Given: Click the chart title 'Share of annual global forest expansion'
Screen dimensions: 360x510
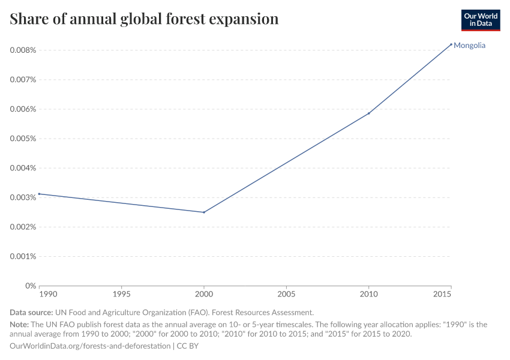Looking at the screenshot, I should coord(144,19).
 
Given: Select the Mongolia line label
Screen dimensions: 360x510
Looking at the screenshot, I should coord(469,46).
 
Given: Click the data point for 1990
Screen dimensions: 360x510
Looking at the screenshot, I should coord(39,194).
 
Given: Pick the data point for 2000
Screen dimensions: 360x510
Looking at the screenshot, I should coord(204,212).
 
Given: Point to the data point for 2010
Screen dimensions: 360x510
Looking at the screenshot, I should coord(369,113).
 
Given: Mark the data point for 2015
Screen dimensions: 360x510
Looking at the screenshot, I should coord(451,44).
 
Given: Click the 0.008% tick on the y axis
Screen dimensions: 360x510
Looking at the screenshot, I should coord(23,50).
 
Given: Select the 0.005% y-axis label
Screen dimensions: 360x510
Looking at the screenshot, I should coord(23,139).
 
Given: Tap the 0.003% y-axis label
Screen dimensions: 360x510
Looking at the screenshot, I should coord(23,197).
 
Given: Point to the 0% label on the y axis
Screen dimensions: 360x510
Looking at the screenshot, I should coord(30,286).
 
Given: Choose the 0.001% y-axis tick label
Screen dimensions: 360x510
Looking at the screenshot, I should coord(23,256).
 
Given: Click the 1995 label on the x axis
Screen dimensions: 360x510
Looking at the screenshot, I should coord(122,295).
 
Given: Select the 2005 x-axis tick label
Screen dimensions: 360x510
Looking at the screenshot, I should coord(286,295).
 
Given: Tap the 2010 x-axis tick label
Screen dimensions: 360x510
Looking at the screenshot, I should coord(369,295).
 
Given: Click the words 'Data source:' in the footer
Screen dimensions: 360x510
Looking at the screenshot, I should coord(31,313).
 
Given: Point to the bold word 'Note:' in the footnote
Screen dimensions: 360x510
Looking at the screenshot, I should coord(20,325).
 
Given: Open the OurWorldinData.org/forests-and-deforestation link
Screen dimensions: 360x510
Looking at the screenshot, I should coord(90,346).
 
